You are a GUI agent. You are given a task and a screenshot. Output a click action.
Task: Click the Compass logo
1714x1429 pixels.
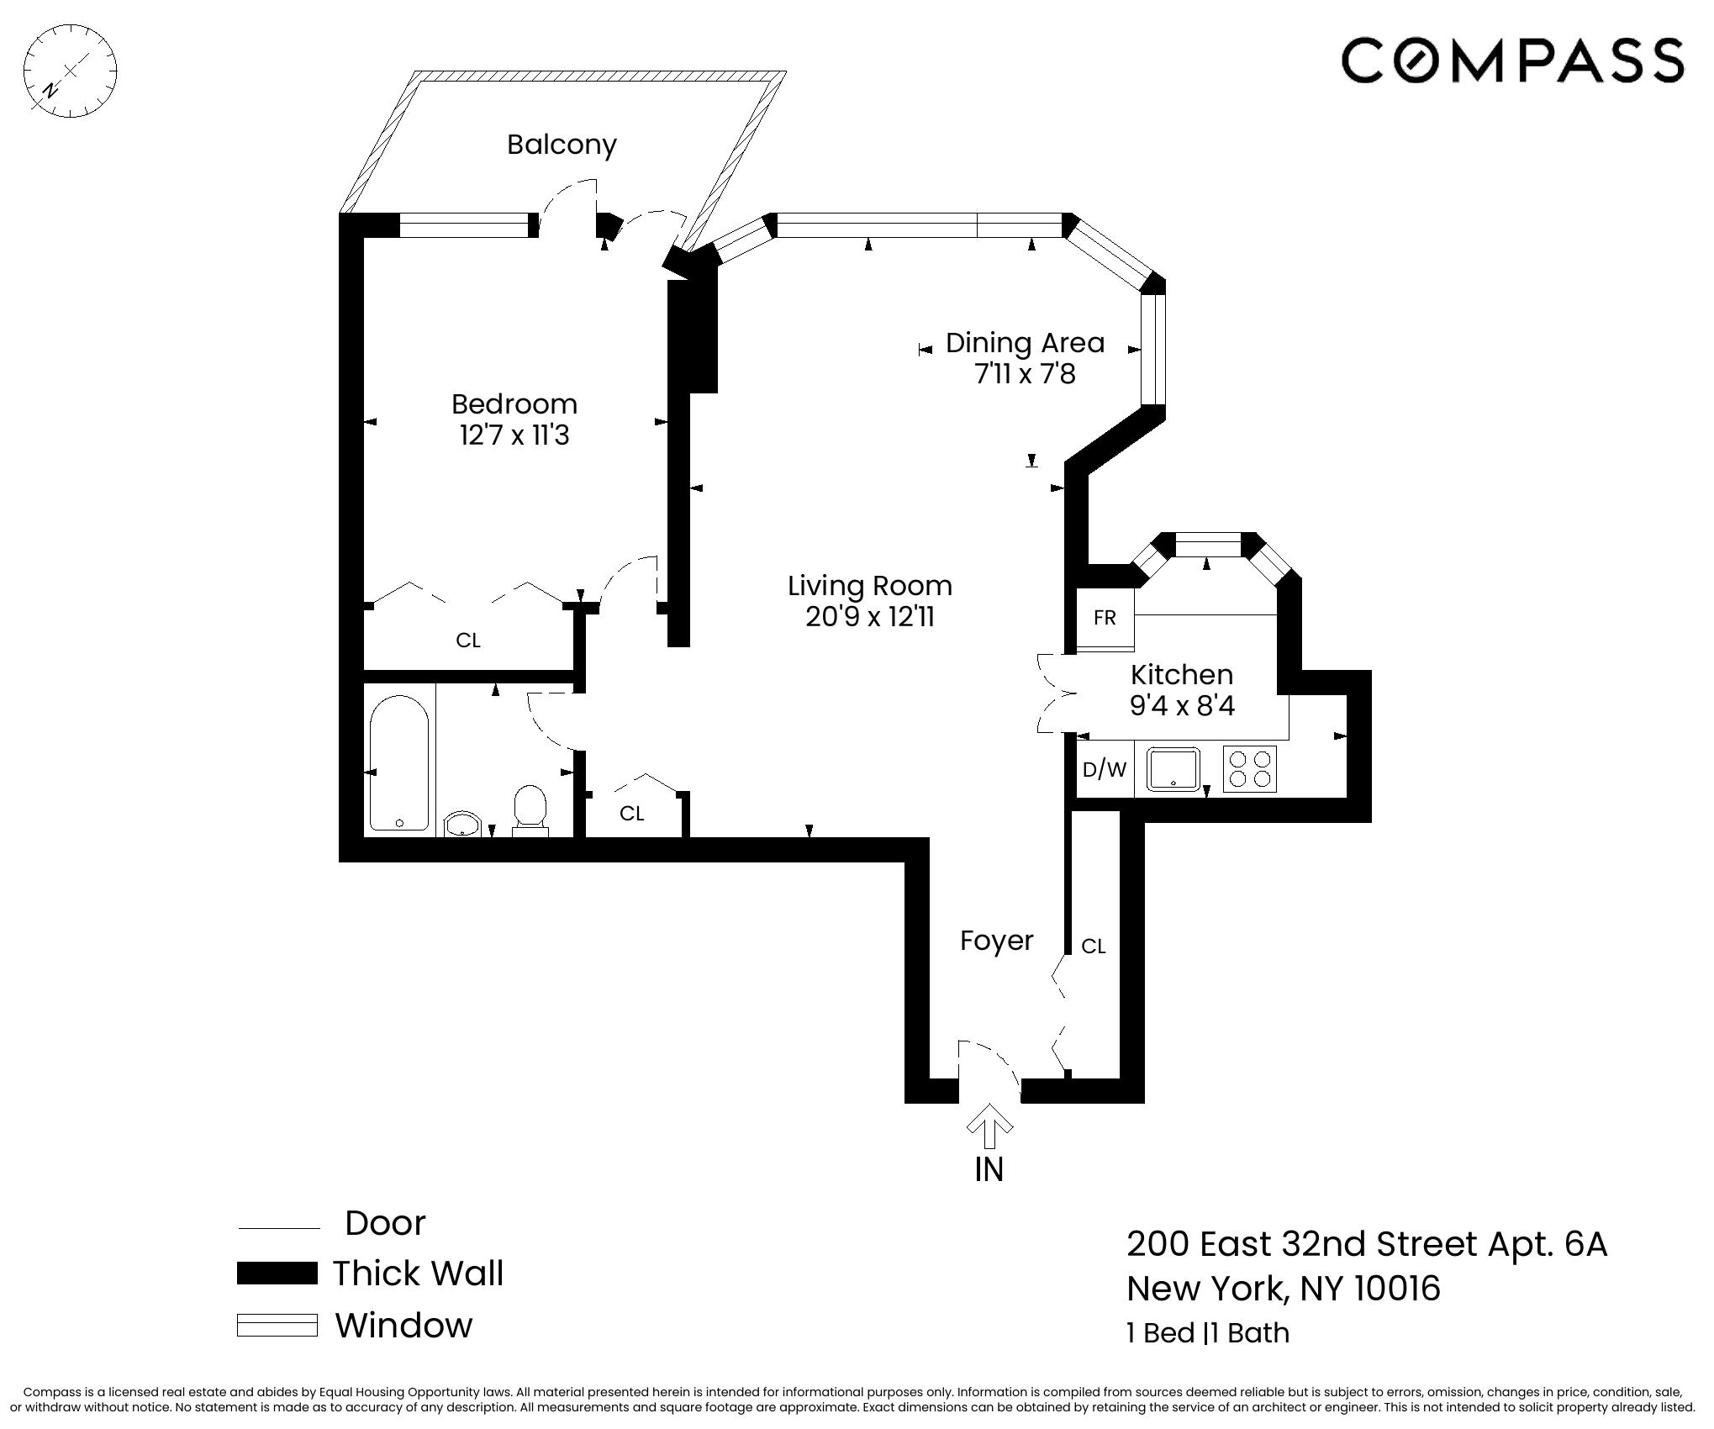coord(1511,60)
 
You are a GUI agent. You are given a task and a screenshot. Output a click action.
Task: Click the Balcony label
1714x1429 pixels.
coord(562,145)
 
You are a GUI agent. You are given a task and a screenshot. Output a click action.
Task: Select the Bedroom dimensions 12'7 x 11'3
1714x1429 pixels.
coord(514,435)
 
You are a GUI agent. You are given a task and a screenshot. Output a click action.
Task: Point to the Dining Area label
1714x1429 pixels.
coord(1025,343)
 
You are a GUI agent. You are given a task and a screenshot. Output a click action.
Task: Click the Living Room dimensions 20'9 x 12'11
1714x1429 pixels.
coord(870,617)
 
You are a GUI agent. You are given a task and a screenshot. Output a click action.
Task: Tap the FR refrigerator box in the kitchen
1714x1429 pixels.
coord(1105,619)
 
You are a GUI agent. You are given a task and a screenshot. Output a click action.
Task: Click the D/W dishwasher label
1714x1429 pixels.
coord(1105,769)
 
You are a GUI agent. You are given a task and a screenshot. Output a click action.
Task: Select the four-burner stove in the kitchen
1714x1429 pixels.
coord(1249,769)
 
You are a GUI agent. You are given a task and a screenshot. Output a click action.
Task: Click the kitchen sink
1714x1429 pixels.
coord(1173,768)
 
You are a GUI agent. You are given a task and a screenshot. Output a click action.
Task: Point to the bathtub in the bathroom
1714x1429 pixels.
coord(399,762)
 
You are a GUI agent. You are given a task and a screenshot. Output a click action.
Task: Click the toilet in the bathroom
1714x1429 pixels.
coord(530,808)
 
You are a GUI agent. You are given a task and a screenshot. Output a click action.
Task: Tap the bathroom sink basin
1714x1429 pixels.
coord(461,824)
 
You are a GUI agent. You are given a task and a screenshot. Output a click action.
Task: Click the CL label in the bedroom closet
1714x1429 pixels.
coord(468,641)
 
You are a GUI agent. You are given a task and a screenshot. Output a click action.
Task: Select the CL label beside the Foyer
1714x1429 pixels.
coord(1093,947)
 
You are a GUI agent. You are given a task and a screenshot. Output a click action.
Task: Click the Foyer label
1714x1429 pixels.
coord(996,941)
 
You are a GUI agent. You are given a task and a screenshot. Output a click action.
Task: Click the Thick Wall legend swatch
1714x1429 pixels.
coord(277,1273)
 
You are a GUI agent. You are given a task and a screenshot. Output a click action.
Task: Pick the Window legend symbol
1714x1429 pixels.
coord(277,1326)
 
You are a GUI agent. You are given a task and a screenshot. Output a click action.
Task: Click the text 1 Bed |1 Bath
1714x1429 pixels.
coord(1207,1333)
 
